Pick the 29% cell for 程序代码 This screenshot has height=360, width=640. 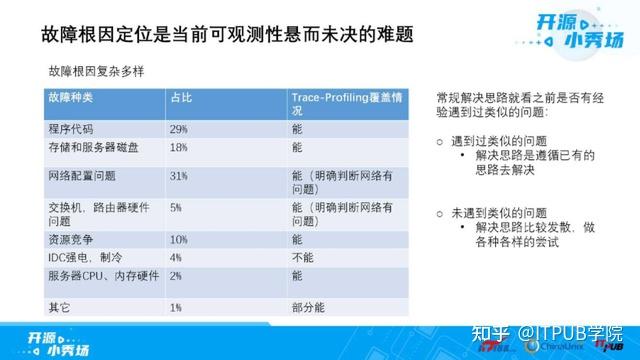(x=179, y=130)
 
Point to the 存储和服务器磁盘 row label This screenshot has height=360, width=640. (x=88, y=147)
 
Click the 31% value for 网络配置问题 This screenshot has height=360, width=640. (x=179, y=175)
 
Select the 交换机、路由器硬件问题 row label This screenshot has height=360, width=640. (x=98, y=213)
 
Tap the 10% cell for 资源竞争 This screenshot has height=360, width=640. (x=179, y=240)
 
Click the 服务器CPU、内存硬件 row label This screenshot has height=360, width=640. (x=98, y=274)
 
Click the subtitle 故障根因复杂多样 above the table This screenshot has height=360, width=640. (x=97, y=72)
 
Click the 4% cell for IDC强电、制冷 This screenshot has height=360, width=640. (x=176, y=257)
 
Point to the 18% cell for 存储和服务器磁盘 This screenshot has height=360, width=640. (x=179, y=147)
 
